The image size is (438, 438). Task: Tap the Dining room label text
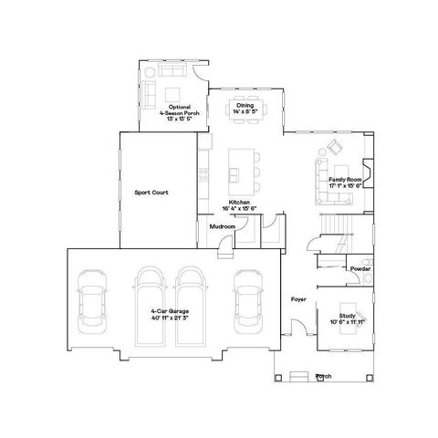coord(245,105)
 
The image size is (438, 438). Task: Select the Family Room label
coord(346,181)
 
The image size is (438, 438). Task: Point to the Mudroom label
coord(223,225)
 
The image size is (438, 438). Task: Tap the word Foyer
coord(298,298)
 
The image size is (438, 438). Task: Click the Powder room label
coord(360,270)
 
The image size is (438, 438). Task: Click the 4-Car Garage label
coord(170,312)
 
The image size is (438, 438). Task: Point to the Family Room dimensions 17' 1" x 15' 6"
coord(346,187)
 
